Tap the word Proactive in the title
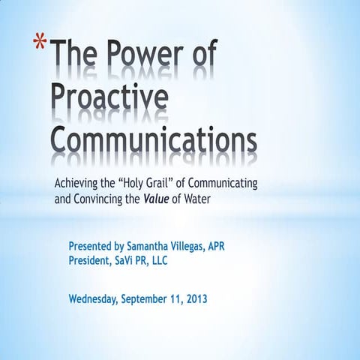pos(109,97)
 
